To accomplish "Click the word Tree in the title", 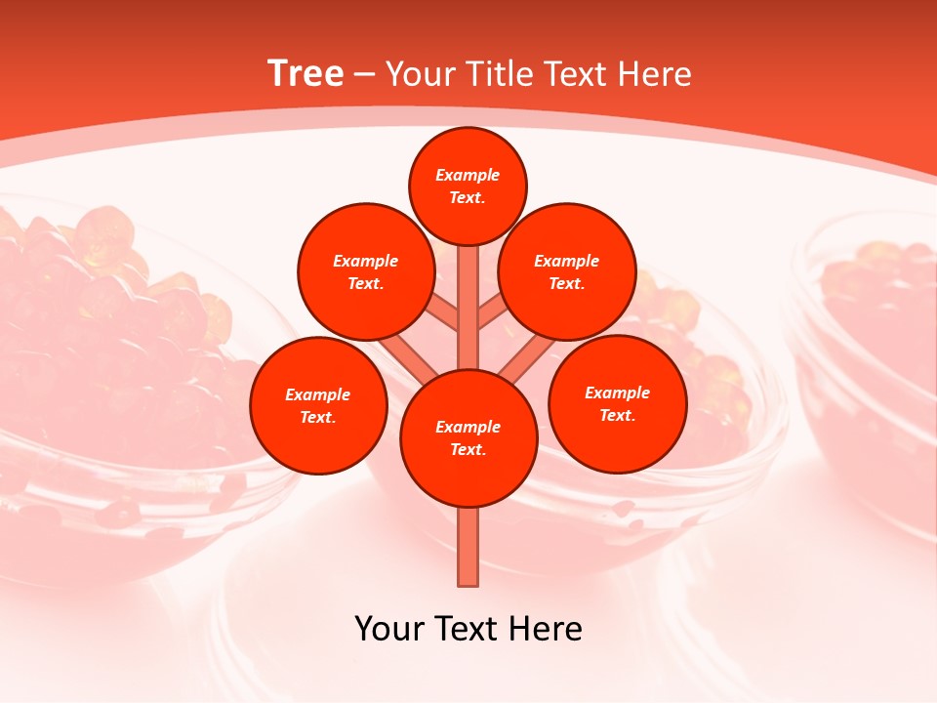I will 306,73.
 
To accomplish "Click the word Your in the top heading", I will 419,74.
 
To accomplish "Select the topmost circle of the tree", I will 468,186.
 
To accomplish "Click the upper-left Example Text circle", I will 365,271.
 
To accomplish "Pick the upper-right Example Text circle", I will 567,271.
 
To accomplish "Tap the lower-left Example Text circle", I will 318,405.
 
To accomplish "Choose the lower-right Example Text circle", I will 618,403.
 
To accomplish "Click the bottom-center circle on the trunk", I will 468,438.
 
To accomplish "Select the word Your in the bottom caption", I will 389,628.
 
